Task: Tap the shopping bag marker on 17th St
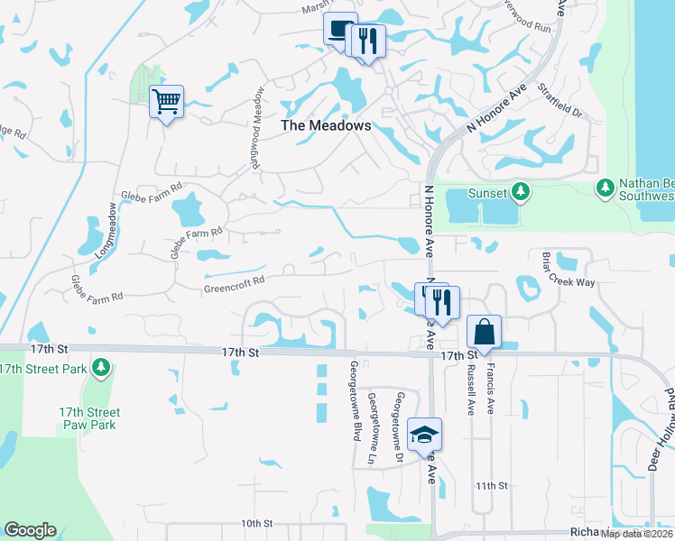[x=485, y=332]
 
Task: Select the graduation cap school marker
[x=424, y=435]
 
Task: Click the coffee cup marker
[x=340, y=30]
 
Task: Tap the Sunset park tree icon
[x=520, y=191]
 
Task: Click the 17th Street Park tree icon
[x=102, y=368]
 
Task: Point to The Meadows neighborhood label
[x=326, y=126]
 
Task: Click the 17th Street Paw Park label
[x=89, y=418]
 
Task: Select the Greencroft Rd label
[x=234, y=280]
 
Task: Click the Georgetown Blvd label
[x=356, y=401]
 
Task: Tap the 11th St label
[x=492, y=485]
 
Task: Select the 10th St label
[x=256, y=523]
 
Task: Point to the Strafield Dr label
[x=562, y=102]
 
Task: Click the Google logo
[x=30, y=530]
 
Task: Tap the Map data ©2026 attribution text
[x=636, y=534]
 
